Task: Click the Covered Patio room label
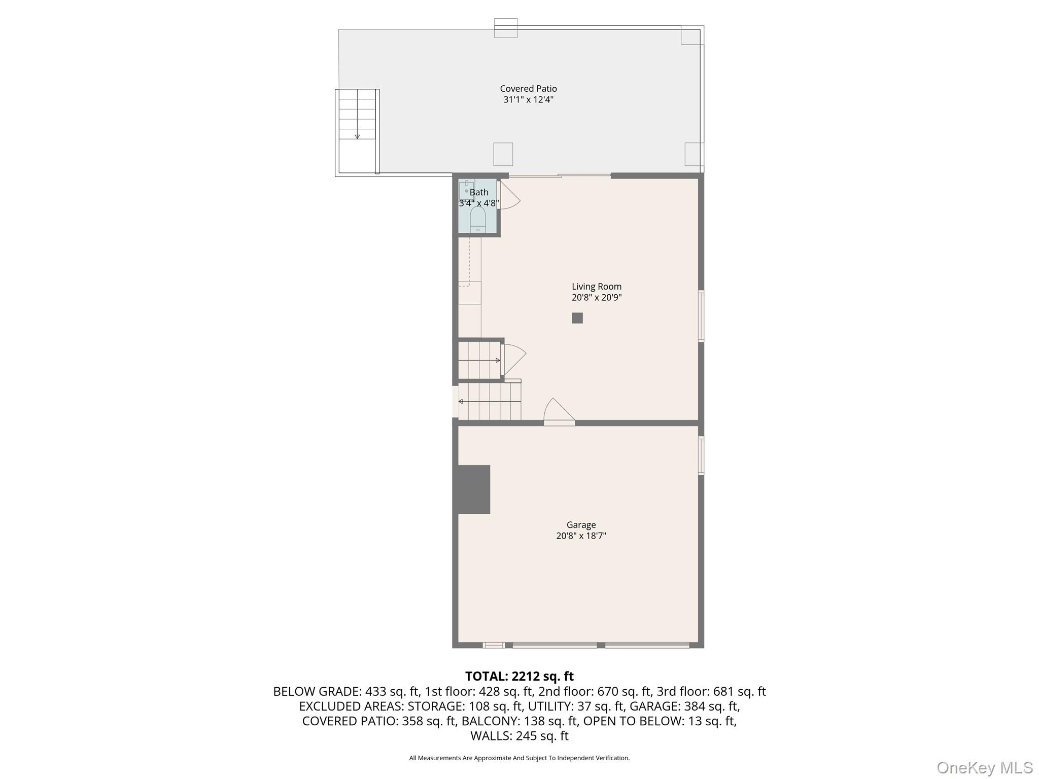[x=528, y=89]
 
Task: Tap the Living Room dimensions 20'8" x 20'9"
[x=596, y=298]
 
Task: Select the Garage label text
[x=581, y=525]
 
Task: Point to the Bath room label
[x=479, y=192]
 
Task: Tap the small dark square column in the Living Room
[x=577, y=318]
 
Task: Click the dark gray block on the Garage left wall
[x=474, y=489]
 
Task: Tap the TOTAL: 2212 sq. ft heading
[x=519, y=676]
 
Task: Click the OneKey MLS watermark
[x=984, y=767]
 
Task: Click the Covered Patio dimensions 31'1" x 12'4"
[x=528, y=100]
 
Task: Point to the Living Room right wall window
[x=701, y=315]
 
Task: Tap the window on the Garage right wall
[x=701, y=455]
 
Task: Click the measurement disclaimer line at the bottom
[x=519, y=758]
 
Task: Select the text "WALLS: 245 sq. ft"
[x=519, y=736]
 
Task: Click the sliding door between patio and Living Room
[x=560, y=176]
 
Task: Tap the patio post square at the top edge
[x=505, y=28]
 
